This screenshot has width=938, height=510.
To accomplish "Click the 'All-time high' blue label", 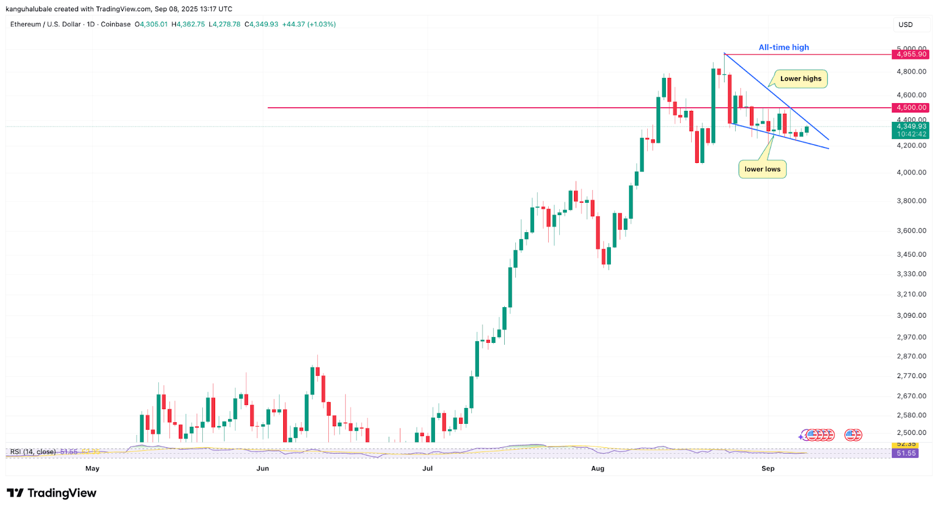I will (x=783, y=47).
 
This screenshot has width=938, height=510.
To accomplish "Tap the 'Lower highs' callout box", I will (x=800, y=79).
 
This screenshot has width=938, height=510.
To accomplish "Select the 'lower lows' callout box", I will (x=762, y=169).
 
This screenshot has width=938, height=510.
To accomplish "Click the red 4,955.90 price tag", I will (x=911, y=55).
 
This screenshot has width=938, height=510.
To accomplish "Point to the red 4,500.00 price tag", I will (x=911, y=108).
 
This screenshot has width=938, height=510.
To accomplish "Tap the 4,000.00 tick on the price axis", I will (x=911, y=172).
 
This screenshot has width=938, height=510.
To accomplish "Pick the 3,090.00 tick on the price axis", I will (x=911, y=315).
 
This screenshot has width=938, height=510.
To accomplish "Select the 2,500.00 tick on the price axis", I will (x=911, y=433).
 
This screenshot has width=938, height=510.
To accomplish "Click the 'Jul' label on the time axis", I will (x=427, y=468).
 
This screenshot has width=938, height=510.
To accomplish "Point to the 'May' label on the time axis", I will (x=93, y=468).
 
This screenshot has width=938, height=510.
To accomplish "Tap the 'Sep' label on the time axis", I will (x=768, y=468).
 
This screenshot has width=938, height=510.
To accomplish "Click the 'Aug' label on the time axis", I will (x=597, y=468).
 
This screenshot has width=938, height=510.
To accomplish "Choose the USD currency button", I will (x=906, y=25).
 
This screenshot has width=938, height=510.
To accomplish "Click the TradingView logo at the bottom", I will (x=52, y=493).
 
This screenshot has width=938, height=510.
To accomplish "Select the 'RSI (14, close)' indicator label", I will (x=33, y=452).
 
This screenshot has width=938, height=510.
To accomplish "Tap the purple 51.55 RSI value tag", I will (x=906, y=453).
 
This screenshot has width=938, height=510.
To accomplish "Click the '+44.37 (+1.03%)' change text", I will (x=309, y=25).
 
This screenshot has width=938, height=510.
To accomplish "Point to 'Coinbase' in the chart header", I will (x=115, y=25).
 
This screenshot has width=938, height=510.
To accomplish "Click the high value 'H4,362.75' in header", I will (x=188, y=25).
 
